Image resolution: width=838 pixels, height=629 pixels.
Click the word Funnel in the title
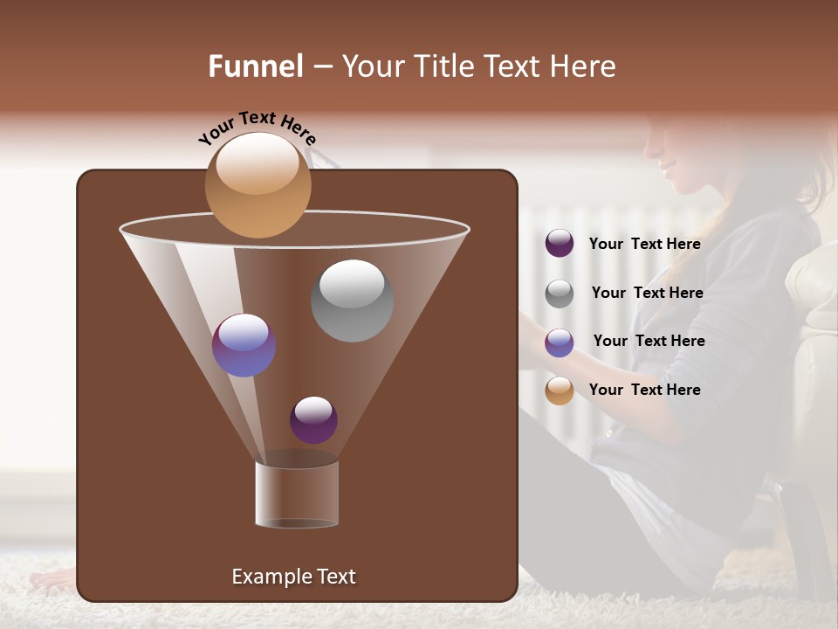[x=256, y=66]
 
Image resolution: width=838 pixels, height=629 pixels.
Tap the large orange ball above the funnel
[x=258, y=184]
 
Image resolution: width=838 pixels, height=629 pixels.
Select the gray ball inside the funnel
[x=352, y=301]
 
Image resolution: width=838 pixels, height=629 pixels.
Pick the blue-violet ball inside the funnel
[x=244, y=345]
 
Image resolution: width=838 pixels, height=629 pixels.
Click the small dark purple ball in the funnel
[x=313, y=420]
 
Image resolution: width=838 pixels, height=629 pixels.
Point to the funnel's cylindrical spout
[x=297, y=494]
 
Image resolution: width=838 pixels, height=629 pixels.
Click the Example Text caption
[x=293, y=577]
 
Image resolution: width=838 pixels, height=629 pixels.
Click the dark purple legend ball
[x=560, y=244]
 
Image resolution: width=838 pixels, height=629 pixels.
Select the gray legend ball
[x=560, y=294]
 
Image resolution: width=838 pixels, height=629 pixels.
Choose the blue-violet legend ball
[x=560, y=342]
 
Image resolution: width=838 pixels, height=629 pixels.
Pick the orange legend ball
[x=560, y=391]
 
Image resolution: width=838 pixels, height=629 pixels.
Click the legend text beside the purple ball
[x=644, y=244]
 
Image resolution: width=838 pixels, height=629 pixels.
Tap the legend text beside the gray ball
[x=647, y=293]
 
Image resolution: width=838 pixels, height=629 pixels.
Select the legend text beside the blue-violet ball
[x=649, y=341]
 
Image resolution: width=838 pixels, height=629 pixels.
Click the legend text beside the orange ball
[x=644, y=390]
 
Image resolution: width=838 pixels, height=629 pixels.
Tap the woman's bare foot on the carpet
[x=52, y=579]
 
